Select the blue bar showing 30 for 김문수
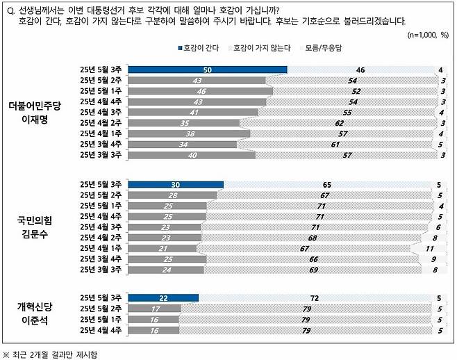(x=176, y=184)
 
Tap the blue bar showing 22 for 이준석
(x=164, y=298)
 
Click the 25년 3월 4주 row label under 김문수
(x=101, y=258)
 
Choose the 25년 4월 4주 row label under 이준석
(x=101, y=330)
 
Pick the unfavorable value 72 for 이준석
(x=314, y=298)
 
